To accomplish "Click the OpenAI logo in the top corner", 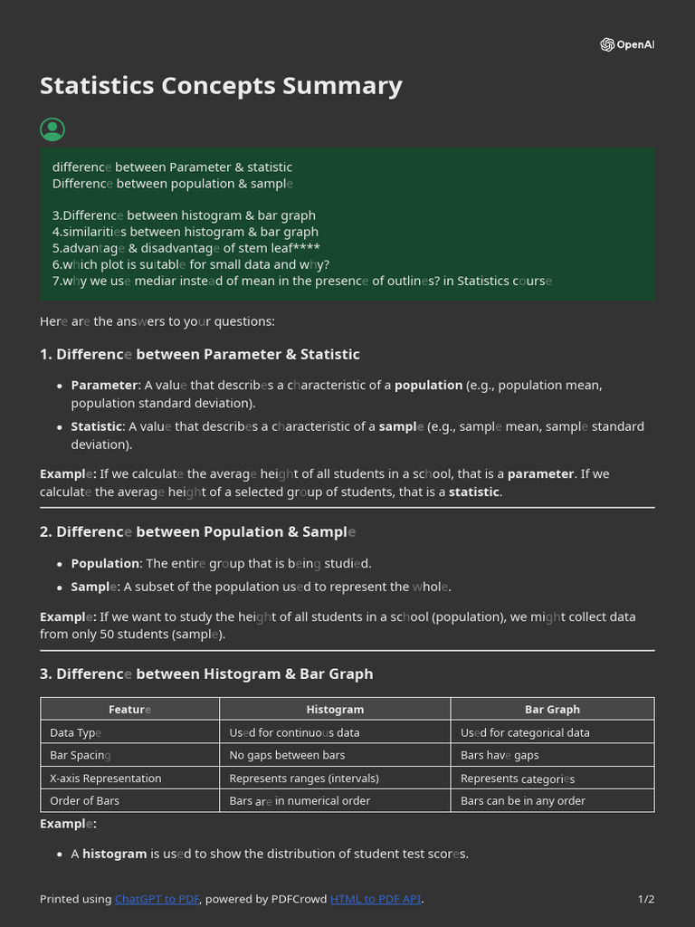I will pyautogui.click(x=626, y=45).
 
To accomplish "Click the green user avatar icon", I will pyautogui.click(x=52, y=129).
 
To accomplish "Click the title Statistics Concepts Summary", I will pyautogui.click(x=221, y=86).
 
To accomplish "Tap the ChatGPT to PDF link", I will pyautogui.click(x=157, y=899).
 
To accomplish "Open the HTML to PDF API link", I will pyautogui.click(x=376, y=899).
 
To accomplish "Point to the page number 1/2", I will pyautogui.click(x=645, y=899).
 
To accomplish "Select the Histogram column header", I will pyautogui.click(x=335, y=710).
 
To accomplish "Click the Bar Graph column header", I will pyautogui.click(x=552, y=710).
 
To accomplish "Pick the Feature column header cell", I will pyautogui.click(x=129, y=710).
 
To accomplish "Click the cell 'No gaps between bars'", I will pyautogui.click(x=287, y=755).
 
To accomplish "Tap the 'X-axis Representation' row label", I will pyautogui.click(x=105, y=779).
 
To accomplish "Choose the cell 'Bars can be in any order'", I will pyautogui.click(x=523, y=801).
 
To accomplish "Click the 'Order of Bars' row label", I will pyautogui.click(x=84, y=801).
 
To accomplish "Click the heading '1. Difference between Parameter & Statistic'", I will pyautogui.click(x=200, y=354).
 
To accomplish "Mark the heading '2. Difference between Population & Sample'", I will pyautogui.click(x=197, y=531).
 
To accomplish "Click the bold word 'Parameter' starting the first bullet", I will pyautogui.click(x=104, y=385).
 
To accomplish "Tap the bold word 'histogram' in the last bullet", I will pyautogui.click(x=114, y=854).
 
